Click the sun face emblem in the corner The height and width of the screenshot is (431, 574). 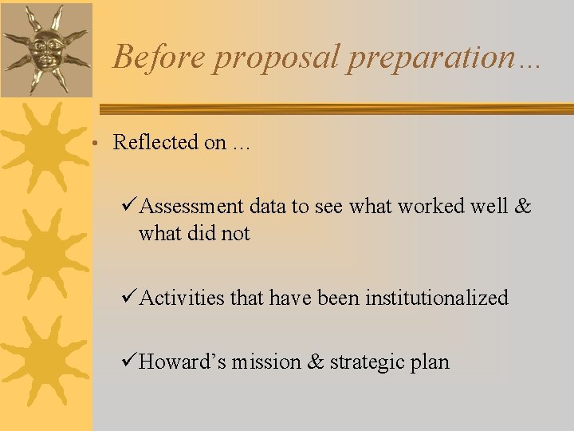pos(45,49)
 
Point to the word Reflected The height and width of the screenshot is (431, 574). pos(155,142)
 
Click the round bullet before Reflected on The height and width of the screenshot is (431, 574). pos(94,144)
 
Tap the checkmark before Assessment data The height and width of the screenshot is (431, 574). pos(131,206)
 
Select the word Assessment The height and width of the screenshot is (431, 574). pos(191,207)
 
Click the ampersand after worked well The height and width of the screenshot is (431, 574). pos(522,206)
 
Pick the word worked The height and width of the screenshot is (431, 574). pos(431,206)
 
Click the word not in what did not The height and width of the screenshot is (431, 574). pos(236,234)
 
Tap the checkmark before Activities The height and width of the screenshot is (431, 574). pos(131,298)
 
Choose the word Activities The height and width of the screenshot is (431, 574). pos(182,299)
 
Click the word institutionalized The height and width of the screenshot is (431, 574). pos(436,299)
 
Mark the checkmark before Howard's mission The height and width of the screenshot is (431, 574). pos(131,362)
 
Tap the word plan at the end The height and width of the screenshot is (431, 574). pos(431,363)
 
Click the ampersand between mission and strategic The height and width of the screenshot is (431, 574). pos(316,362)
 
